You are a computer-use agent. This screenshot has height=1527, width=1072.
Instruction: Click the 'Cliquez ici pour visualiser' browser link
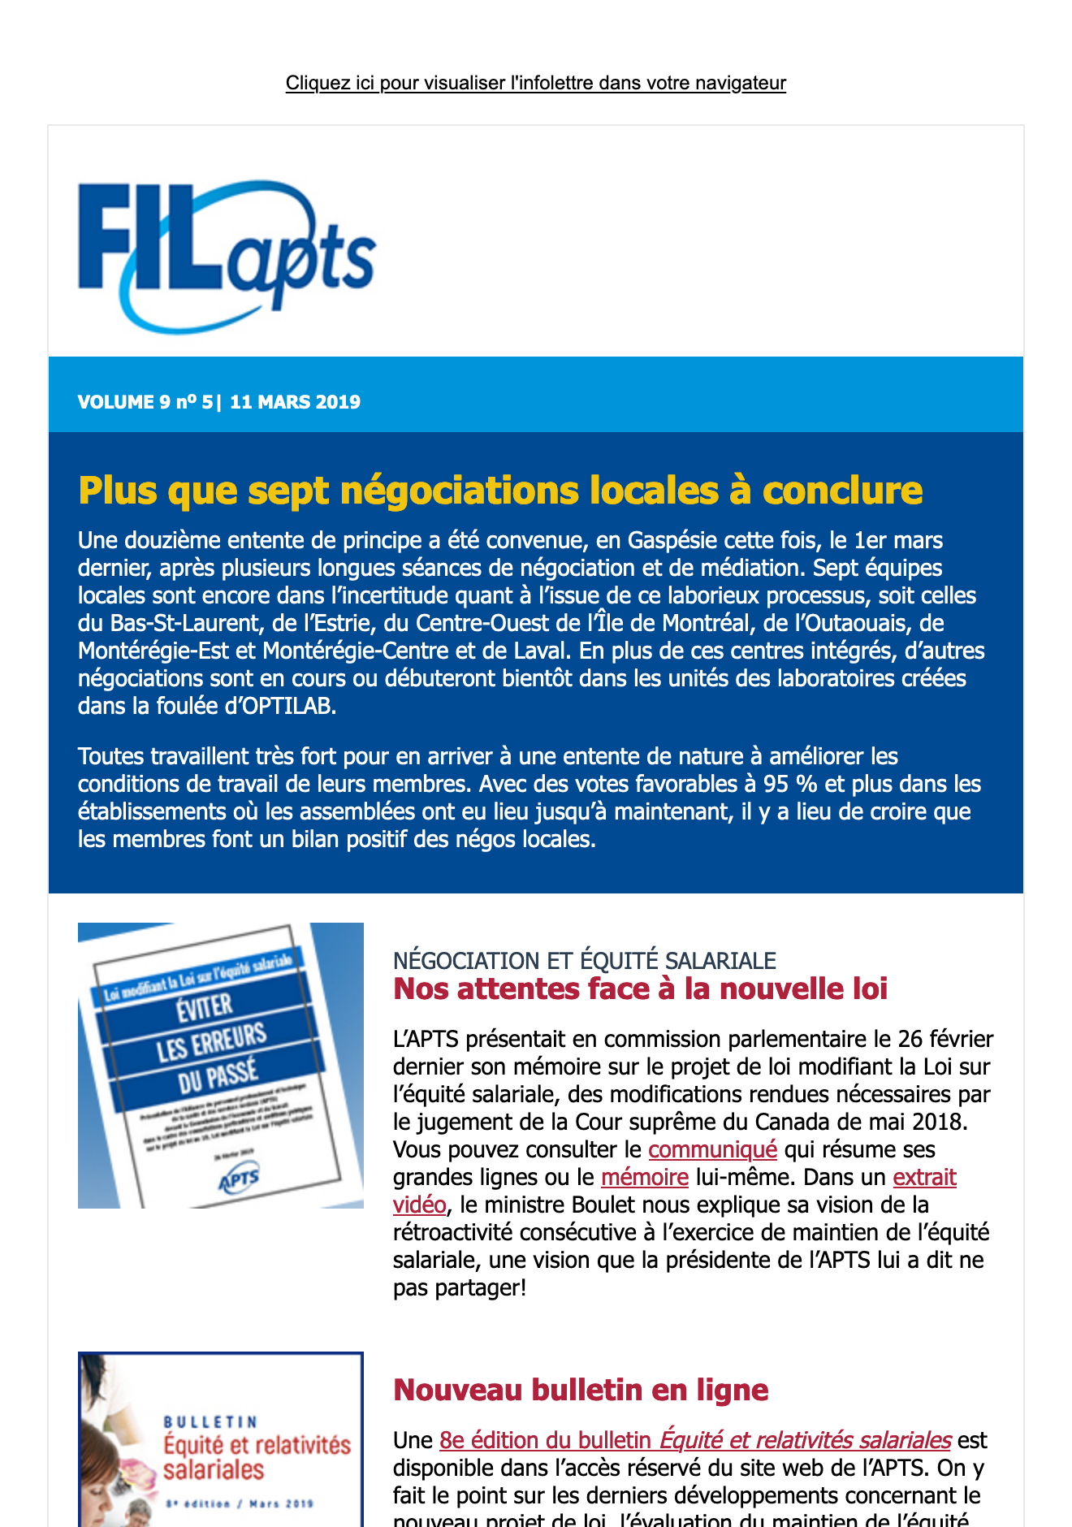point(535,83)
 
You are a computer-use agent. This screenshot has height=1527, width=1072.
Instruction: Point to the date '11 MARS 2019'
point(295,402)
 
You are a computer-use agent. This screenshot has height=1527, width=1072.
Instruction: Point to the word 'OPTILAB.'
point(291,706)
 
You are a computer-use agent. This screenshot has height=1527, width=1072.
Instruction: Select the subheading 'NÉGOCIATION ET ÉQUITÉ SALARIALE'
point(584,961)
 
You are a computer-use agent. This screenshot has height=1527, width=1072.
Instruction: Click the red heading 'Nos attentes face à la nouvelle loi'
point(640,988)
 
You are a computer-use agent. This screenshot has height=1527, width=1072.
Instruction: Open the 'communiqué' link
point(712,1149)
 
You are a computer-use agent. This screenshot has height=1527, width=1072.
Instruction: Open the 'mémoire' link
point(645,1177)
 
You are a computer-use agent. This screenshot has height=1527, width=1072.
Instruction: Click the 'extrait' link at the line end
point(924,1177)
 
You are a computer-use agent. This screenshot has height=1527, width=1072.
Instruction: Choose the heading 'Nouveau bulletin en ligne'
point(581,1390)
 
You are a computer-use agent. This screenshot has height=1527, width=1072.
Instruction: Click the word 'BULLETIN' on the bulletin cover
point(210,1422)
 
